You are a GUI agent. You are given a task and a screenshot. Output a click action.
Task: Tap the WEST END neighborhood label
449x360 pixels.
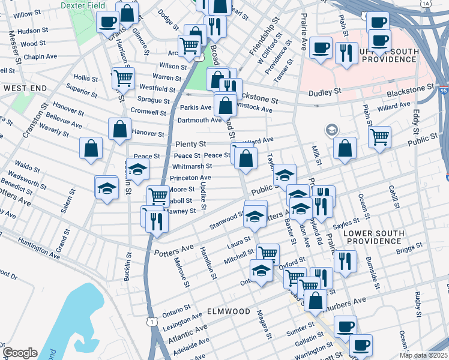25,88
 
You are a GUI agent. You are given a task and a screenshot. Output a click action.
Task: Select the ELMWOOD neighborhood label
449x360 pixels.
229,311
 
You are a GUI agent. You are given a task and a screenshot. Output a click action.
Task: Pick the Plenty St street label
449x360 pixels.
191,145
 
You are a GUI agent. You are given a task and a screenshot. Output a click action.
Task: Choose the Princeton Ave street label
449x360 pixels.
190,178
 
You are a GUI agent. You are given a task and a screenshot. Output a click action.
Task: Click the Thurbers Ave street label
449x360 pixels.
346,301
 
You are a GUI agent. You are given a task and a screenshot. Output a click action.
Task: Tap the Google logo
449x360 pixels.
19,353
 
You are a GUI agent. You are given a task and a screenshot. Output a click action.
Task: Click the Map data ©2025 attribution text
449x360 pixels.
423,355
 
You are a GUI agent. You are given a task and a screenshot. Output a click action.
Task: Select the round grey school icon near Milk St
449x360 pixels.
331,130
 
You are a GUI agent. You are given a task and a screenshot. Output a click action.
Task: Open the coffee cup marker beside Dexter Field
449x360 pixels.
107,22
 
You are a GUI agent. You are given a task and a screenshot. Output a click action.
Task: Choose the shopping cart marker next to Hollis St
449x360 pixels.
123,77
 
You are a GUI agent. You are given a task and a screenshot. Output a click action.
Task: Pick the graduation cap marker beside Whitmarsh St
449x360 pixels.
137,170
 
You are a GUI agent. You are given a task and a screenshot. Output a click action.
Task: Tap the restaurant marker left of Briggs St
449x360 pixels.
345,261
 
